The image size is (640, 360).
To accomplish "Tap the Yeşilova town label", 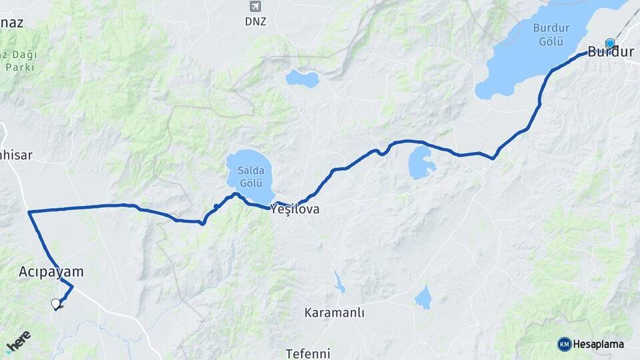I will tap(295, 209).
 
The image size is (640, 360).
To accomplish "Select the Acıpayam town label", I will tap(51, 272).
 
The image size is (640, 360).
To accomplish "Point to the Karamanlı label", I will tap(335, 313).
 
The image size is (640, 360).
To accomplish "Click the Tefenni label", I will tap(308, 353).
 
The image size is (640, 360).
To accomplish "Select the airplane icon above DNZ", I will tap(255, 7).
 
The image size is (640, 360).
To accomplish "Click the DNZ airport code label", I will tap(255, 21).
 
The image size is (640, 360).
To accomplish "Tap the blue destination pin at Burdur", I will tap(609, 44).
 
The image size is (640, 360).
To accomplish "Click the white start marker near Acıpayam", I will tap(56, 304).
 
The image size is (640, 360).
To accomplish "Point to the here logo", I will tap(18, 341).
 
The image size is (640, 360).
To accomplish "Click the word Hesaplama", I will tap(599, 345).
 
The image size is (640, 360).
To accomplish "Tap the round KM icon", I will tap(565, 345).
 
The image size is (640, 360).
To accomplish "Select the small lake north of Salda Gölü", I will tap(302, 79).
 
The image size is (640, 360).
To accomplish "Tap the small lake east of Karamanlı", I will tap(423, 298).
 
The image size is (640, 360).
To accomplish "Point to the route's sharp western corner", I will tap(29, 213).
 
